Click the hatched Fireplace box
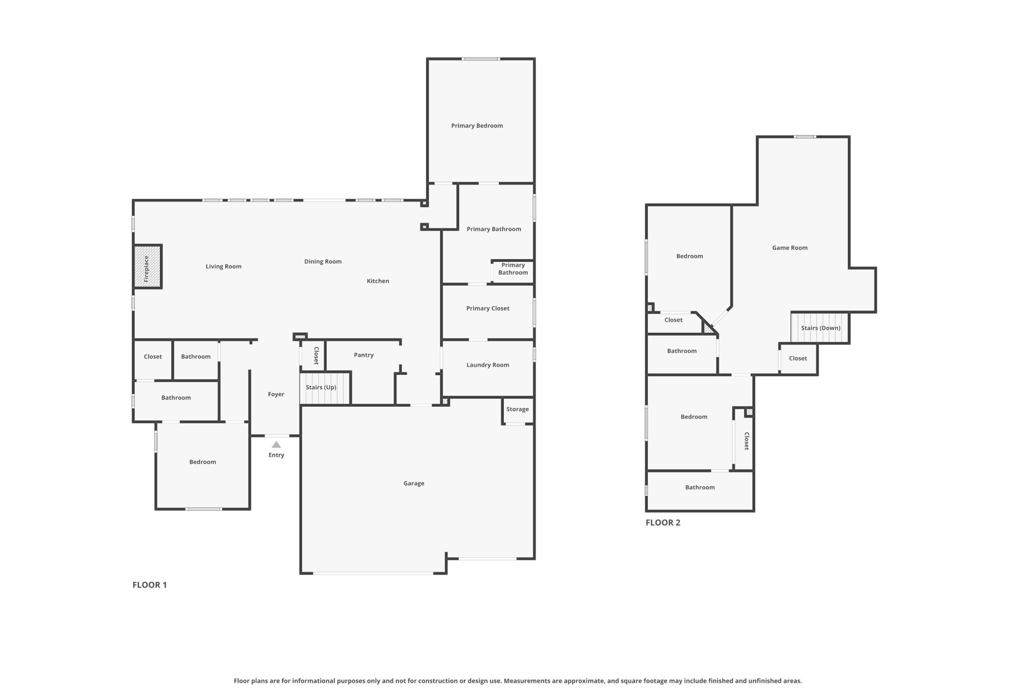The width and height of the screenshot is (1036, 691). click(148, 267)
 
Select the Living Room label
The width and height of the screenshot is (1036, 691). click(224, 267)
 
